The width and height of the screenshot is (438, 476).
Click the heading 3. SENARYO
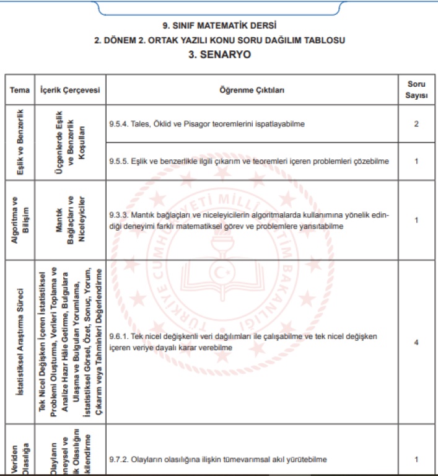(219, 55)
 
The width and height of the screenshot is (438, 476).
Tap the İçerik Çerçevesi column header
(69, 90)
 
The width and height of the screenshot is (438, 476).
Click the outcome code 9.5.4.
(118, 124)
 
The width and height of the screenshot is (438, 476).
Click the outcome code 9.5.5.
(118, 161)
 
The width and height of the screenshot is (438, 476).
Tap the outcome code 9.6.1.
(118, 336)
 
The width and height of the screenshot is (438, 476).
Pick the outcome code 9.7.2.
(118, 459)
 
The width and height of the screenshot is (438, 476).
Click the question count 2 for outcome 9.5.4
(417, 124)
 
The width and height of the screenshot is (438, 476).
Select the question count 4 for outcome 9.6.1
(417, 342)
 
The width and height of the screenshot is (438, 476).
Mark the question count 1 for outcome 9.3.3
(417, 220)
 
